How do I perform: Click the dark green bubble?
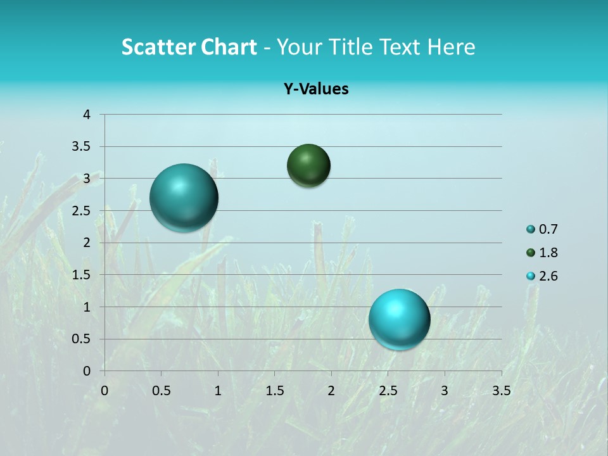[x=308, y=166]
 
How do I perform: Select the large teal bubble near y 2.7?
[x=184, y=198]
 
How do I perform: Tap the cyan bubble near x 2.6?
[x=400, y=319]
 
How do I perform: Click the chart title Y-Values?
[x=316, y=89]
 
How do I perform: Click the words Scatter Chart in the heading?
[x=189, y=47]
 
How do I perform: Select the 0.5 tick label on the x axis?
[x=161, y=391]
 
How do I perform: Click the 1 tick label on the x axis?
[x=218, y=391]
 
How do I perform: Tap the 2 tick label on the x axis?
[x=331, y=391]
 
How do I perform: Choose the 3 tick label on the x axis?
[x=445, y=391]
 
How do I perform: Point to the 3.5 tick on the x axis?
[x=501, y=391]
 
